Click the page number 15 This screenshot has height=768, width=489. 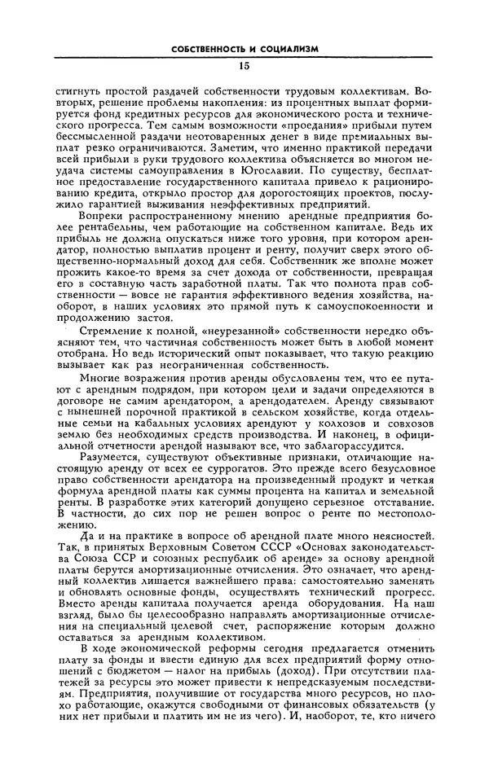tap(245, 65)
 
